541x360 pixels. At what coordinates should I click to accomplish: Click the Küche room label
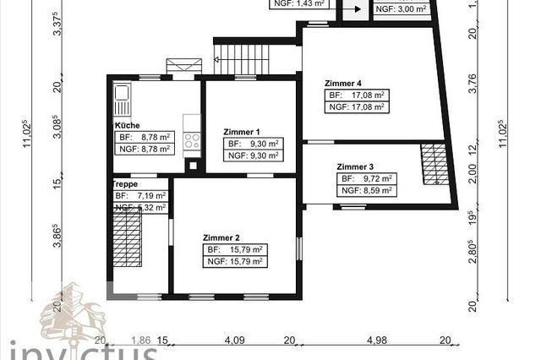tap(127, 125)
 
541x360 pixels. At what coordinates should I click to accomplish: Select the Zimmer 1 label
tap(241, 132)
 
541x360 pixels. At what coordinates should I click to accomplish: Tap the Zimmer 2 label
tap(221, 237)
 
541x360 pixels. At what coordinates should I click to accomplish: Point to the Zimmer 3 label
tap(355, 167)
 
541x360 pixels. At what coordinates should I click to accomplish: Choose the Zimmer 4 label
tap(342, 84)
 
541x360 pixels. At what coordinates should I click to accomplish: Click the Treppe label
tap(125, 183)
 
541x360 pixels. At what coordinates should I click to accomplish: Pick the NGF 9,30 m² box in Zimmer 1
tap(254, 155)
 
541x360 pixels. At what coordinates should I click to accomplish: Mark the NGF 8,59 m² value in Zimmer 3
tap(366, 191)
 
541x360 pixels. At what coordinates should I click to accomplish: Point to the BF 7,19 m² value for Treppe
tap(140, 196)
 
